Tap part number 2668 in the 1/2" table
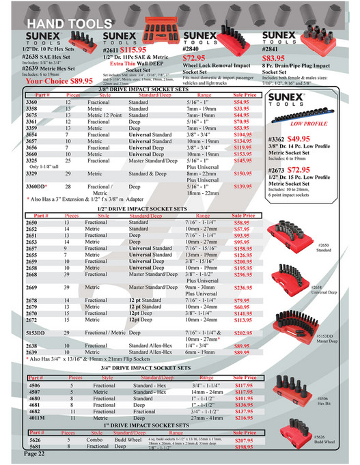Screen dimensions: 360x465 [x=33, y=274]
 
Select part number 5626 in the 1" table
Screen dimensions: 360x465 [x=32, y=440]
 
